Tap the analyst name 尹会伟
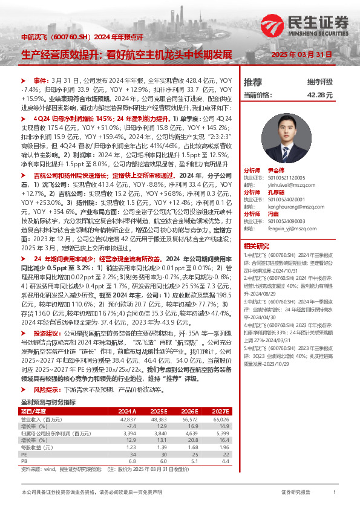[284, 170]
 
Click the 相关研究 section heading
[256, 246]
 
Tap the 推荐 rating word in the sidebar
[252, 82]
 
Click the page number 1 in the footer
[335, 493]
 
